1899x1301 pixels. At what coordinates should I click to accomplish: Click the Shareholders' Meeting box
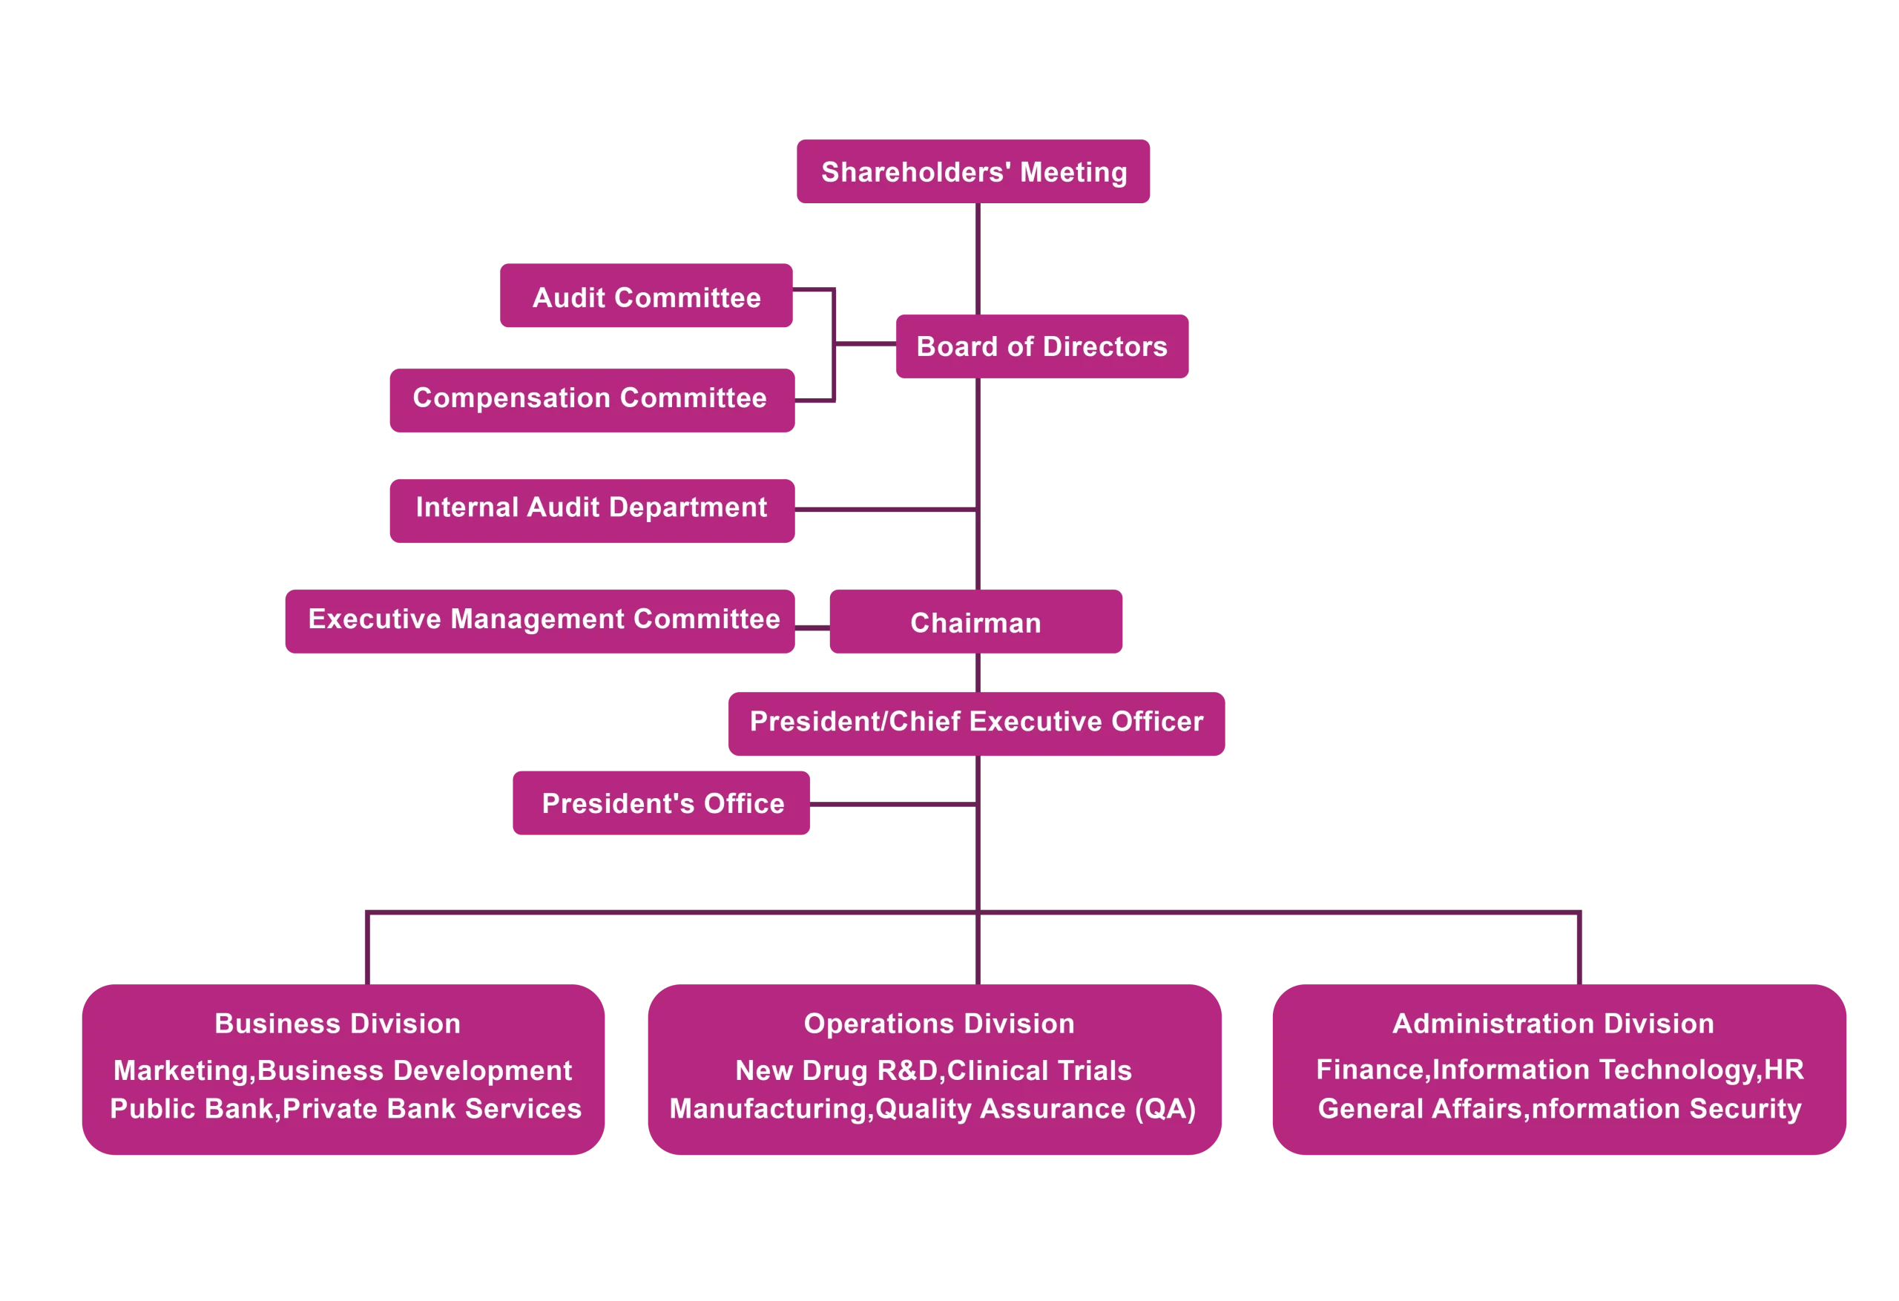click(x=973, y=172)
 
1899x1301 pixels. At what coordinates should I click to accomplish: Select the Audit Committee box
click(x=646, y=297)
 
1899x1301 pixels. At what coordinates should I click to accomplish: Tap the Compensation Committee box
click(x=590, y=399)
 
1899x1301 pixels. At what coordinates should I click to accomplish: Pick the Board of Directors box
click(x=1041, y=346)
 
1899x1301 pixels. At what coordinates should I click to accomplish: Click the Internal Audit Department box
click(x=590, y=508)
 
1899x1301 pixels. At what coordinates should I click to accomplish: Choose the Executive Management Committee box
click(x=544, y=620)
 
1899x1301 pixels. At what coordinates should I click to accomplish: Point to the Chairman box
click(x=975, y=624)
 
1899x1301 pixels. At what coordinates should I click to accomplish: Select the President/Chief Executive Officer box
click(x=975, y=722)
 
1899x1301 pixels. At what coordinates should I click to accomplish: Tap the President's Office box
click(x=662, y=804)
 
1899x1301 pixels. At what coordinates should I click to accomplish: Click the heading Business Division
click(x=338, y=1024)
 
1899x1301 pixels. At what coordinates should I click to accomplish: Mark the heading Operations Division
click(x=939, y=1024)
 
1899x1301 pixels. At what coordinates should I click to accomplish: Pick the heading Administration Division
click(x=1553, y=1024)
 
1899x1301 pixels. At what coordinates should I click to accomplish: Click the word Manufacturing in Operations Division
click(x=768, y=1109)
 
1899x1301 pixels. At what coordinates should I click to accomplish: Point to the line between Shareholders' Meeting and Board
click(x=978, y=258)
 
